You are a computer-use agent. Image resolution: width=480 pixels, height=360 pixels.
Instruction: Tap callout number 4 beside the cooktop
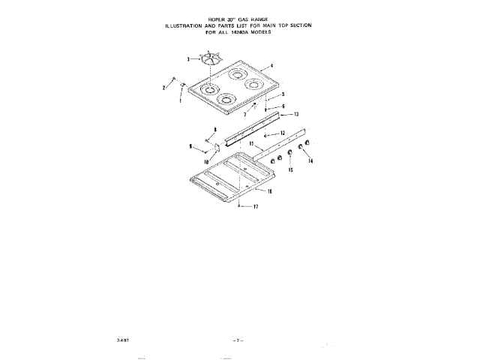(x=271, y=66)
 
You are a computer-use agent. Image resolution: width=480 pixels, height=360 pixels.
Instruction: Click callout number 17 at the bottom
(x=255, y=207)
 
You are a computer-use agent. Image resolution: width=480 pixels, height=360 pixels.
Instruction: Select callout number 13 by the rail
(x=296, y=114)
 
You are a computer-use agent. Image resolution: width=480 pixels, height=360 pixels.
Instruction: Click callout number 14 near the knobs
(x=310, y=161)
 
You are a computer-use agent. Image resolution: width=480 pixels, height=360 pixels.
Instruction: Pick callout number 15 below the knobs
(x=290, y=171)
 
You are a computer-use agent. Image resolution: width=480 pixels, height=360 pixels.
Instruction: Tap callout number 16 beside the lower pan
(x=269, y=192)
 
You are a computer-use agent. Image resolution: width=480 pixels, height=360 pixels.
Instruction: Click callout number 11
(x=251, y=142)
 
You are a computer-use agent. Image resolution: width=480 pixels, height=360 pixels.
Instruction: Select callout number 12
(x=283, y=133)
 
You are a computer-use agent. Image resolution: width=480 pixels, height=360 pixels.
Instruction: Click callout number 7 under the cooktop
(x=244, y=115)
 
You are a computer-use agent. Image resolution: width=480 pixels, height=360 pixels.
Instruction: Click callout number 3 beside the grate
(x=188, y=58)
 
